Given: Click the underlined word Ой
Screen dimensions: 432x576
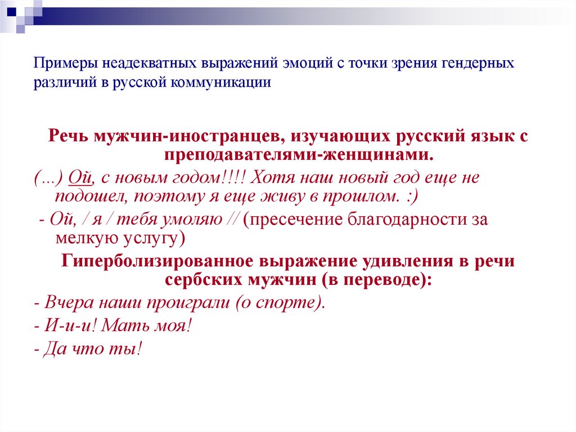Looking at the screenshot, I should [78, 179].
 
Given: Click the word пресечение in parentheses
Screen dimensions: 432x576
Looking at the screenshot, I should [293, 219].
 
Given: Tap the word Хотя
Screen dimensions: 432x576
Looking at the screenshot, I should [271, 179].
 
